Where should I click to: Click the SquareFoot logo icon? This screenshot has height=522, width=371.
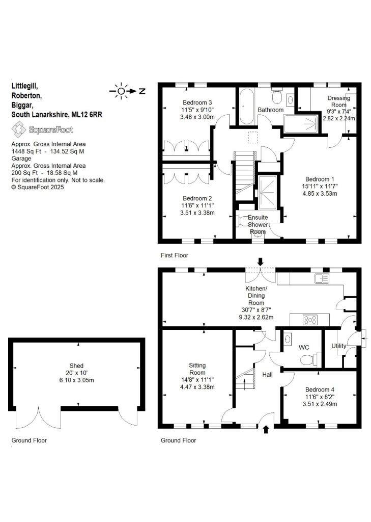pos(19,129)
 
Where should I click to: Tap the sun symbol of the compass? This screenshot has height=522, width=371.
pos(121,91)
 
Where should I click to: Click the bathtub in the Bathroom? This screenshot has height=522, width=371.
pos(247,107)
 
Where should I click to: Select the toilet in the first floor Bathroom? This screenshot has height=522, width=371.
pos(276,95)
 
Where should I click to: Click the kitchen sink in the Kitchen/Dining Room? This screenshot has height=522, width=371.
pos(322,278)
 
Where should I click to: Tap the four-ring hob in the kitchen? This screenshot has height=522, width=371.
pos(310,320)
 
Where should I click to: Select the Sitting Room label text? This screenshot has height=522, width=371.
pos(197,369)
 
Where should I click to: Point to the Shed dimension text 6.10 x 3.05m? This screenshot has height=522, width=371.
pos(76,380)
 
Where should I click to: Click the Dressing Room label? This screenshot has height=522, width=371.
pos(339,101)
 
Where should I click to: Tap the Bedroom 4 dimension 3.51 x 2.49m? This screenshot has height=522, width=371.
pos(320,404)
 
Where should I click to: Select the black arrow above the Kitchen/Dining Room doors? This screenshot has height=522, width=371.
pos(260,262)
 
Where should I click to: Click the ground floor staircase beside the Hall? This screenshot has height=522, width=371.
pos(245,379)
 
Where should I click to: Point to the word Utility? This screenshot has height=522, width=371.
pos(339,346)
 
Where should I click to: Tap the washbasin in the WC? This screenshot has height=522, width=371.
pos(288,338)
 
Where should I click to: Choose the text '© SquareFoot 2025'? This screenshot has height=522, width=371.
pos(38,187)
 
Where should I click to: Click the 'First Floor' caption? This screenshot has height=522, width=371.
pos(174,255)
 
